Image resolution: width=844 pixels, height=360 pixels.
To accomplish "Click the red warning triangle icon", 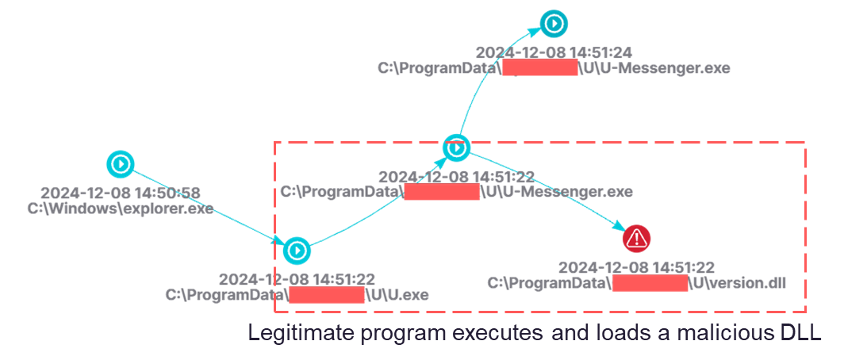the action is (636, 236).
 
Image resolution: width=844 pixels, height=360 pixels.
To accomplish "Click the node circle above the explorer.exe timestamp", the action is (121, 164).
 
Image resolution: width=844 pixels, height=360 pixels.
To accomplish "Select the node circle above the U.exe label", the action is (297, 251).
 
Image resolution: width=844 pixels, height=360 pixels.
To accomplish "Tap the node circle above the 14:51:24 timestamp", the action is (553, 23).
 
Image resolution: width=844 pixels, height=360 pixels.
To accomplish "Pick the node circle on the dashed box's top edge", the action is (455, 147).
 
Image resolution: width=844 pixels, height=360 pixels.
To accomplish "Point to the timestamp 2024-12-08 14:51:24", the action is (554, 52).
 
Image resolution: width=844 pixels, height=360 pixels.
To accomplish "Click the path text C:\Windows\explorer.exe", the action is (120, 209).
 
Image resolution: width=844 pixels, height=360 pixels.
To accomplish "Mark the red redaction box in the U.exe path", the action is (326, 296).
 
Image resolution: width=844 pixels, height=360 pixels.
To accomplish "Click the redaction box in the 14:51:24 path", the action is (540, 69).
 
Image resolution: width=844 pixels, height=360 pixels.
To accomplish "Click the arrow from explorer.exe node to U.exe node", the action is (208, 207).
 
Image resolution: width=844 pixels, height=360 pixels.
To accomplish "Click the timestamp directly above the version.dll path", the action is (636, 267).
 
